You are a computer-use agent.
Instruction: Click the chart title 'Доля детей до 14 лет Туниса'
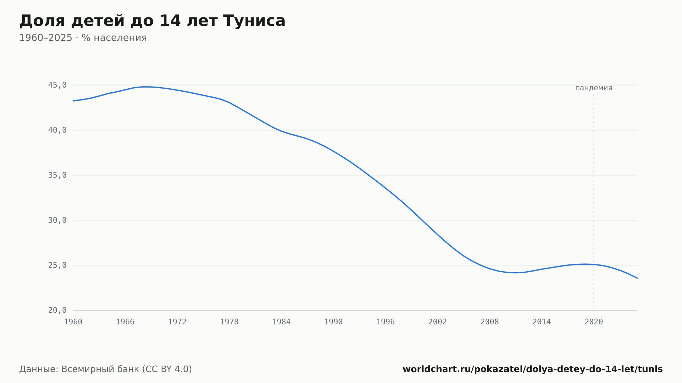click(x=152, y=21)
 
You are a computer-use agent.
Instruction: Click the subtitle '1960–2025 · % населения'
click(x=83, y=38)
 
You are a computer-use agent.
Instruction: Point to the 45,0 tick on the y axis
click(x=57, y=85)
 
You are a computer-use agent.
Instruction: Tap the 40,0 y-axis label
click(x=57, y=130)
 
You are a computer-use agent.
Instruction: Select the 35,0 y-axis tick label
click(x=57, y=175)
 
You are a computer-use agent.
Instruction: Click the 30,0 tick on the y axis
click(x=57, y=220)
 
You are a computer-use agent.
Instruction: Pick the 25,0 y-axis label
click(x=57, y=265)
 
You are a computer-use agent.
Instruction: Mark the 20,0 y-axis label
click(x=57, y=310)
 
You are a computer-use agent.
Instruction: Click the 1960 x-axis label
click(x=73, y=322)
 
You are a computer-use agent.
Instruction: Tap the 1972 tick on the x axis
click(x=177, y=322)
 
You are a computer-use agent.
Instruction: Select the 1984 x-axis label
click(x=281, y=322)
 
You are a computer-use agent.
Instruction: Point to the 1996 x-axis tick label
click(x=385, y=322)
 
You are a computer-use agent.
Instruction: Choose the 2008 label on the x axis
click(x=490, y=322)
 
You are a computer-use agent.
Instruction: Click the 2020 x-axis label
click(x=594, y=322)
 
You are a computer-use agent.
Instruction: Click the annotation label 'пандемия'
click(x=594, y=88)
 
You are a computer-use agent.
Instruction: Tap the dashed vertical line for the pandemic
click(x=594, y=202)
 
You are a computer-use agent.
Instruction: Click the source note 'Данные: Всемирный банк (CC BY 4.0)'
click(x=106, y=369)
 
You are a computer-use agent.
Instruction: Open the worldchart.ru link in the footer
click(x=533, y=369)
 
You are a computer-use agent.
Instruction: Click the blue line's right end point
click(x=637, y=278)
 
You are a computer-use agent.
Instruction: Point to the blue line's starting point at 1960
click(x=73, y=101)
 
